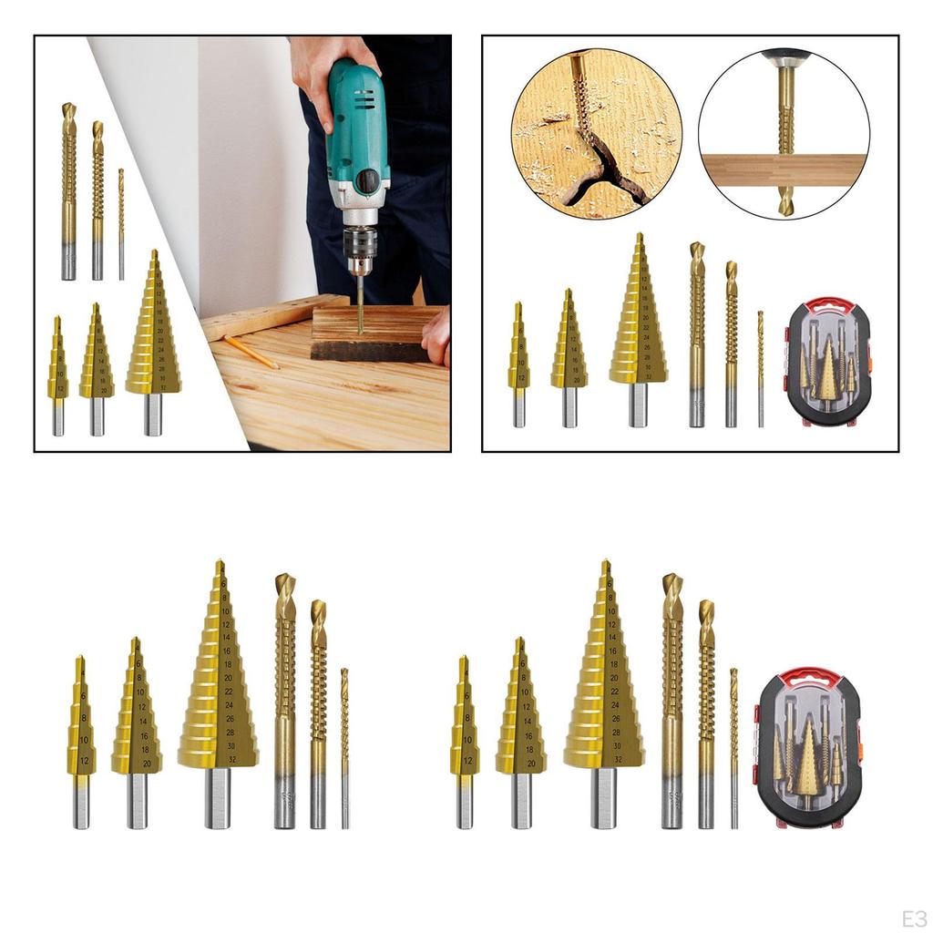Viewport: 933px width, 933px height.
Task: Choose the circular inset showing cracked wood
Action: pos(596,134)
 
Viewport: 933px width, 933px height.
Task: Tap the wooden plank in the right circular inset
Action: pos(784,169)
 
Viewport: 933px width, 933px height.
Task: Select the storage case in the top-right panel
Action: pos(828,363)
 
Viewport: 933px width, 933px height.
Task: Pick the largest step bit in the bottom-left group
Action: pos(218,674)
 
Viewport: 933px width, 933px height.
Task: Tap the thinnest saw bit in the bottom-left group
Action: pos(344,747)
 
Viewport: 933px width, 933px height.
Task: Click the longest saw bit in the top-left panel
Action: pos(68,191)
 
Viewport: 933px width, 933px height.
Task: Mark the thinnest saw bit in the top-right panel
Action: pos(761,369)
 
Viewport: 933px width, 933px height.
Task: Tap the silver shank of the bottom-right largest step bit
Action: pos(603,797)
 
